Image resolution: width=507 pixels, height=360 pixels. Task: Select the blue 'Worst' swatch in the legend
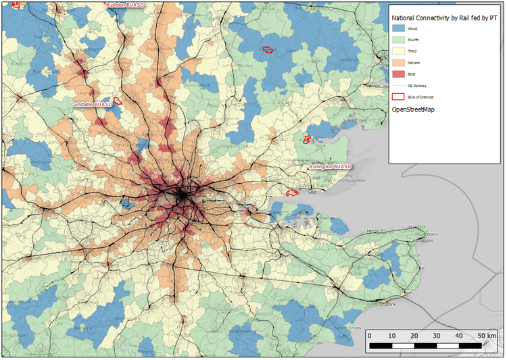[x=399, y=28]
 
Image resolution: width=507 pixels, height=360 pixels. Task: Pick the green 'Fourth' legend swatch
[x=399, y=40]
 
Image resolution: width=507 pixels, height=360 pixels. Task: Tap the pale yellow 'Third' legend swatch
[x=399, y=51]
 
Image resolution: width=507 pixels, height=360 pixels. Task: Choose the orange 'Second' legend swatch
[x=399, y=63]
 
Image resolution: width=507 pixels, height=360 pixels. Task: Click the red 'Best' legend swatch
[x=399, y=74]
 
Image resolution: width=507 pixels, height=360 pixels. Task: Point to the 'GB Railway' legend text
[x=416, y=86]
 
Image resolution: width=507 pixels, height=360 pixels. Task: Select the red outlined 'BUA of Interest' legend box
[x=399, y=97]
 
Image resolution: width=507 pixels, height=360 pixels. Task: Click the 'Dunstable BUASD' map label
[x=92, y=105]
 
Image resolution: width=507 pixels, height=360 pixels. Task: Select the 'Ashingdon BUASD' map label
[x=330, y=166]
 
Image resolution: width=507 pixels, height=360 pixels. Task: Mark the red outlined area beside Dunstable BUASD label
[x=116, y=101]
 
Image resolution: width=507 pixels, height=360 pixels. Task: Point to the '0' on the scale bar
[x=370, y=336]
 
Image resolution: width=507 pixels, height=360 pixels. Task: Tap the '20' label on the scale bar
[x=414, y=336]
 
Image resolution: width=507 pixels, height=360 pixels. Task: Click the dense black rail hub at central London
[x=181, y=195]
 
